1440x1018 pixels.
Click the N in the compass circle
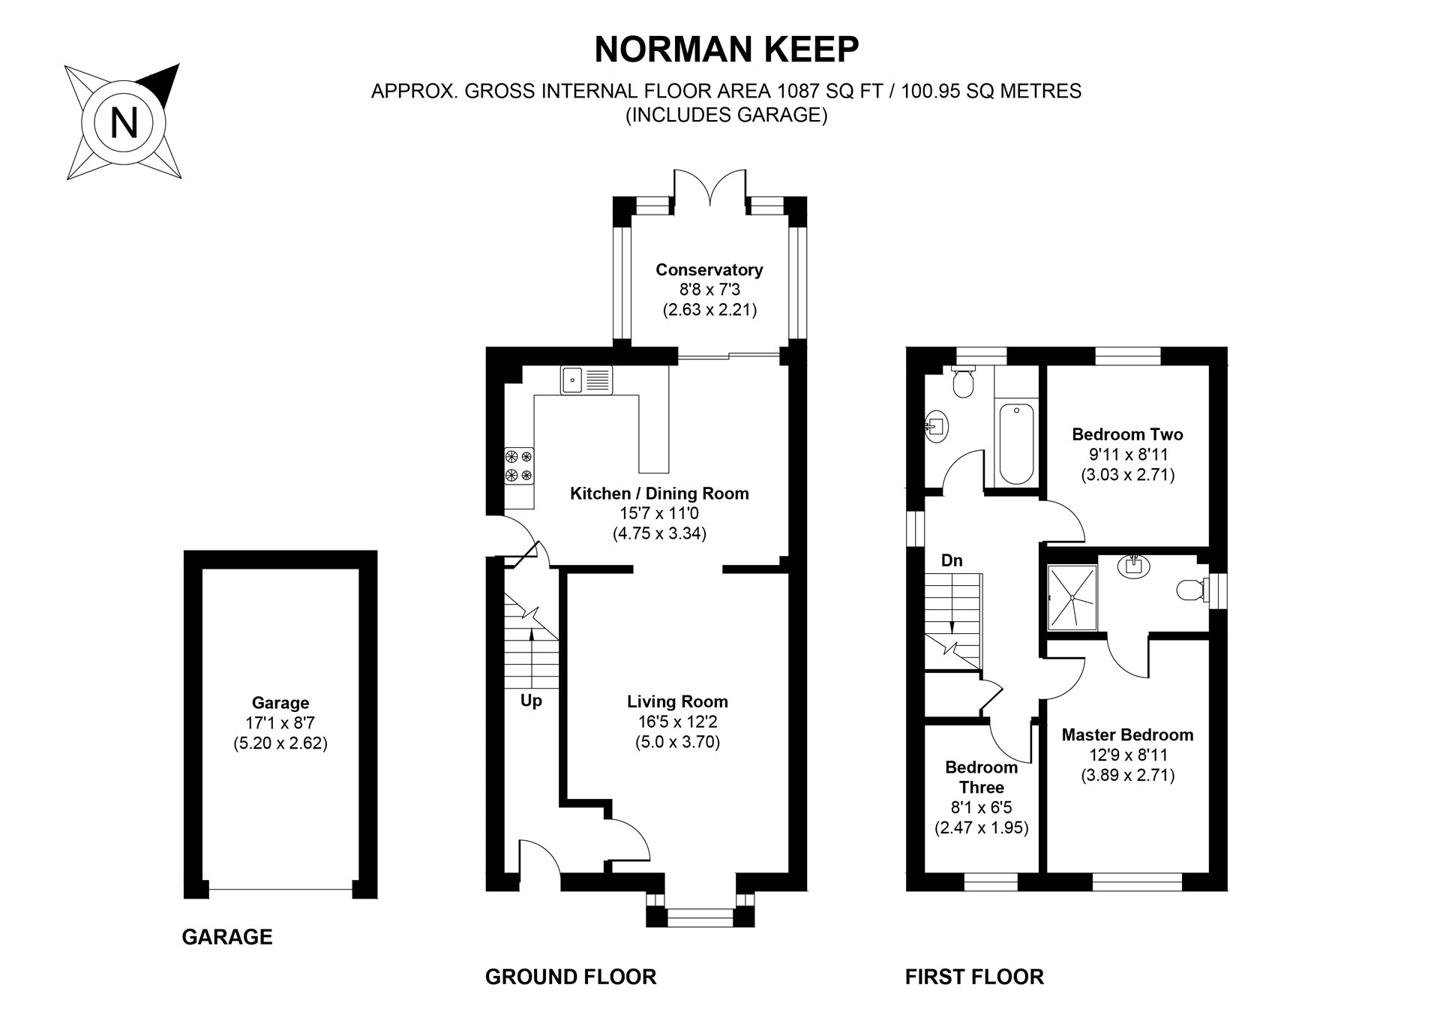click(x=124, y=122)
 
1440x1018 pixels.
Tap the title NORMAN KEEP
click(x=726, y=50)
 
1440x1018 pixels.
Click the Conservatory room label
click(x=709, y=269)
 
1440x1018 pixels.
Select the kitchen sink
click(x=586, y=380)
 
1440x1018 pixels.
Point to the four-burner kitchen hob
click(x=519, y=465)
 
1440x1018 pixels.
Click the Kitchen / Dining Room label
click(x=659, y=494)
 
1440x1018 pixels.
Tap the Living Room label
click(x=677, y=702)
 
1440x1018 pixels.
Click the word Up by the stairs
click(x=531, y=701)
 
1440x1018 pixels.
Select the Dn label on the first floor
click(x=952, y=560)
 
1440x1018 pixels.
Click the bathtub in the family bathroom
click(x=1016, y=443)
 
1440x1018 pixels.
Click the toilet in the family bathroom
click(x=961, y=383)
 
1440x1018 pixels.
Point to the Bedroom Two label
click(x=1127, y=434)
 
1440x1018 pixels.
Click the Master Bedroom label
click(x=1127, y=735)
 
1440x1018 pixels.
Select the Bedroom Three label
click(x=981, y=777)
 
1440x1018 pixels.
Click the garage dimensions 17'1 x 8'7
click(x=280, y=724)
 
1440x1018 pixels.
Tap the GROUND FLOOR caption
click(x=570, y=977)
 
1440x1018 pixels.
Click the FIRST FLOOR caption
click(x=974, y=977)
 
